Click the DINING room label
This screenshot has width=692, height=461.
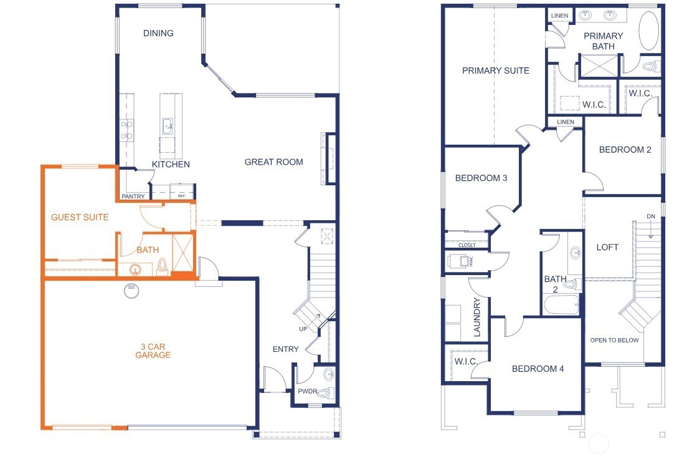point(158,33)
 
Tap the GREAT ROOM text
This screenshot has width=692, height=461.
point(273,162)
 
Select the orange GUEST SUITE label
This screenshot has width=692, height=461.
point(80,217)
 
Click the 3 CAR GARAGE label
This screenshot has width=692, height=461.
point(153,351)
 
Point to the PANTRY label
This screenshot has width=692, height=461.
point(133,197)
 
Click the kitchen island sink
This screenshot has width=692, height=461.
point(168,125)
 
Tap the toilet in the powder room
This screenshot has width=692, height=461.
point(325,392)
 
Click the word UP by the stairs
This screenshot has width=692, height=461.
point(303,328)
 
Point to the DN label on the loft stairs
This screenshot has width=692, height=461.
point(651,216)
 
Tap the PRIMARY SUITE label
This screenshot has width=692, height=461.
point(496,70)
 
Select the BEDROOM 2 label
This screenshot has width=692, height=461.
point(625,150)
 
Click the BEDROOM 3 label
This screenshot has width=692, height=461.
point(481,178)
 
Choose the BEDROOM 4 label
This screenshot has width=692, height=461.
point(538,369)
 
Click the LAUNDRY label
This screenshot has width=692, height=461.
point(478,318)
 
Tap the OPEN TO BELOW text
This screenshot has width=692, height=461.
point(614,340)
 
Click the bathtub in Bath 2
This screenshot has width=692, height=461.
point(561,305)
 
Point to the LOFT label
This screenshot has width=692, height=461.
point(607,247)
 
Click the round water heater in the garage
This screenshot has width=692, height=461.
point(131,291)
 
